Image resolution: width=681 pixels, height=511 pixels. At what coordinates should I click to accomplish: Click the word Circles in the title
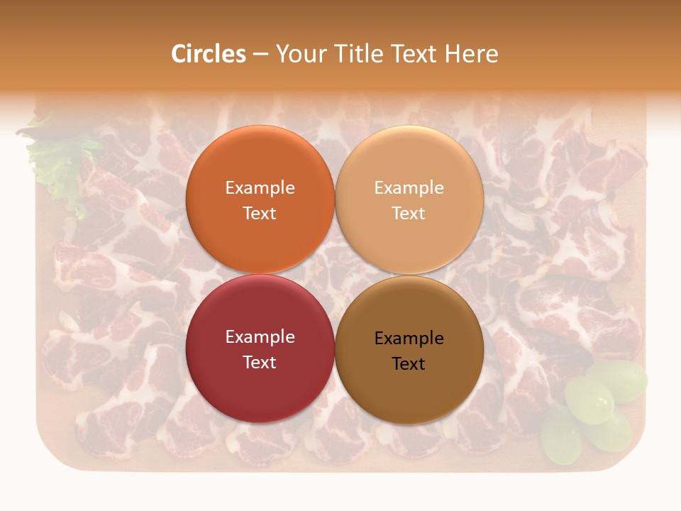point(208,54)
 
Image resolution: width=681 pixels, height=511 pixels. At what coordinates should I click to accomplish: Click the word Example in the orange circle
point(260,188)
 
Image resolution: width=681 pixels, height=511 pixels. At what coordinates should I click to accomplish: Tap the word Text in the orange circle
point(260,214)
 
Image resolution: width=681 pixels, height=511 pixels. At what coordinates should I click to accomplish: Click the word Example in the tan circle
point(409,188)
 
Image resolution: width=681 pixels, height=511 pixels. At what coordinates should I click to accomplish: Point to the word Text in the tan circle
point(409,214)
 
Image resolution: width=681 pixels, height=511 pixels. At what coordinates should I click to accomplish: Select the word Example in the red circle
point(260,337)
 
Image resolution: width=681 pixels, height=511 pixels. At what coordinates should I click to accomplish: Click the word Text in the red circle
point(260,363)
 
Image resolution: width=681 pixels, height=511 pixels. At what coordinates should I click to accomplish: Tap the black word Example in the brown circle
point(409,339)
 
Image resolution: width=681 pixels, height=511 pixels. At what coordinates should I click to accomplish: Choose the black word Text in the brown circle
point(409,364)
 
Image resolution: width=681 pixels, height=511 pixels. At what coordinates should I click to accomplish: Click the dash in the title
point(260,55)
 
